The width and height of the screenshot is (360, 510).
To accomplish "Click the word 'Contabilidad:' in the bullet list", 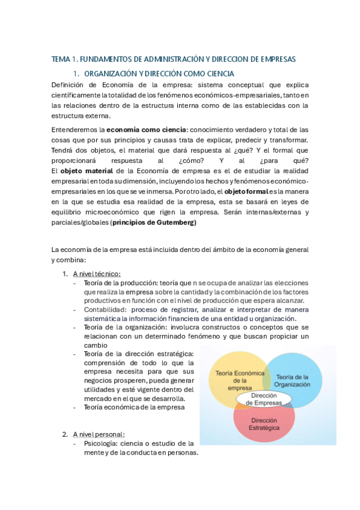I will click(105, 310).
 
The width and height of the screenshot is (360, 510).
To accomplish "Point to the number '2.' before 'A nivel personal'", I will click(65, 434).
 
